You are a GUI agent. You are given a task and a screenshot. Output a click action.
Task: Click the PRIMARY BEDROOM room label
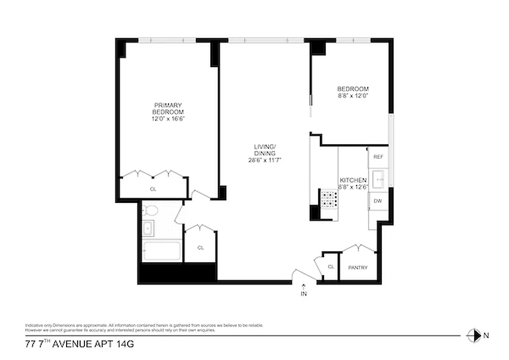coord(168,108)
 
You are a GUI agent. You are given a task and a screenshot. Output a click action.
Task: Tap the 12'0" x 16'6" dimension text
coord(168,119)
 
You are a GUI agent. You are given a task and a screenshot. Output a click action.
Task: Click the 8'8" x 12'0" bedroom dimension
coord(353,96)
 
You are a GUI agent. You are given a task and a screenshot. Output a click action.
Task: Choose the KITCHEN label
coord(353,180)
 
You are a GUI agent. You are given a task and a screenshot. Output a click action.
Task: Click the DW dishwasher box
coord(378,201)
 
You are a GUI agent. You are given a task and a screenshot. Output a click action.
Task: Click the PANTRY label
coord(358,268)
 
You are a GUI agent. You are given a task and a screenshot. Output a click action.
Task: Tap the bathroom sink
coord(147,229)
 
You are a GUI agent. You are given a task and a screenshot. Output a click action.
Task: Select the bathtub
coord(162,252)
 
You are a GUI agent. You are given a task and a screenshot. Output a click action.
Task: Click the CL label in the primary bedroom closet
coord(153,189)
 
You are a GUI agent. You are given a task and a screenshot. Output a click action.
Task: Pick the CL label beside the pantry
coord(331,267)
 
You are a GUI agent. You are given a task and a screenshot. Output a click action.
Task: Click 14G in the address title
coord(125,345)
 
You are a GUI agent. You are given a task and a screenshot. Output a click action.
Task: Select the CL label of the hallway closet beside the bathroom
coord(201,247)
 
